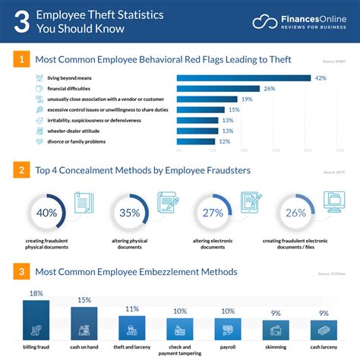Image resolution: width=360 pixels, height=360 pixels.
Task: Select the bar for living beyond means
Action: [244, 77]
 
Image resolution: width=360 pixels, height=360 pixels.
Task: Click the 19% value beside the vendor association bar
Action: [247, 99]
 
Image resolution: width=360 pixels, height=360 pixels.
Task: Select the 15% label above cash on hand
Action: [84, 300]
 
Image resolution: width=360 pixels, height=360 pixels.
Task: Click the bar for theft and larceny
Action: [131, 328]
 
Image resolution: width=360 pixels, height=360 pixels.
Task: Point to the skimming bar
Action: [276, 331]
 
